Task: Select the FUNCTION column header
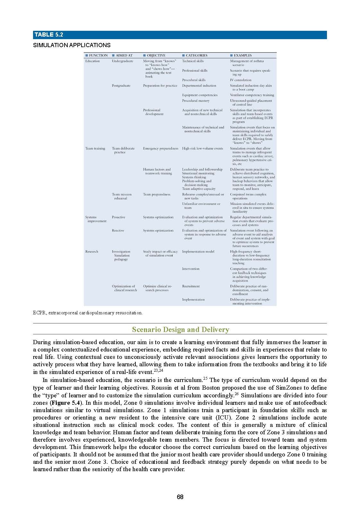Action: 97,55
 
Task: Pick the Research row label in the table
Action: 92,251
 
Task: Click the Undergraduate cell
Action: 122,61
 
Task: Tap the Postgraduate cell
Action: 121,86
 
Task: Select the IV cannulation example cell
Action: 241,80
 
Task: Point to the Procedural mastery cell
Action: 196,101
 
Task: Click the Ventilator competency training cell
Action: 252,95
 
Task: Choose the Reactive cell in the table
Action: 118,231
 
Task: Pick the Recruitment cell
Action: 191,286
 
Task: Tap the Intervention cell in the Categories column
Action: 191,269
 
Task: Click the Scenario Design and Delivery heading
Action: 180,329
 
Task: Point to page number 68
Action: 180,497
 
